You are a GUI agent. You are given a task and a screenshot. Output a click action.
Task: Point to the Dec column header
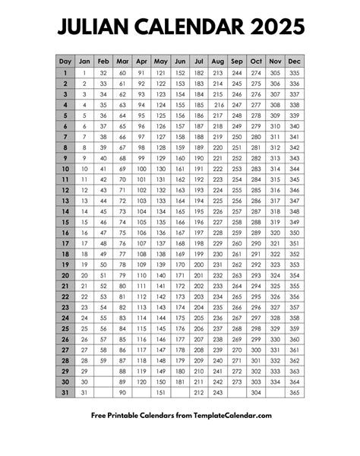294,61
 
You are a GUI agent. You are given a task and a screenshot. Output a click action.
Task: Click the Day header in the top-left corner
65,61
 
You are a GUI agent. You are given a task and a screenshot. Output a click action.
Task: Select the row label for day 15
65,222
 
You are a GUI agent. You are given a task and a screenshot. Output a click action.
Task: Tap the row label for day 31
65,392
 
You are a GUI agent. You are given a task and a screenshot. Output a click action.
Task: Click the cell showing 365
294,392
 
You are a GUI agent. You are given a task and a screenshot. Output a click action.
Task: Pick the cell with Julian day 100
141,169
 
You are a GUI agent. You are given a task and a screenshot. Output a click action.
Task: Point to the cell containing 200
198,264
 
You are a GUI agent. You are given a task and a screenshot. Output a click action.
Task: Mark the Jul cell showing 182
198,72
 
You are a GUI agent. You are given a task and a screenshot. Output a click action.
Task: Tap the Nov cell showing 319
274,222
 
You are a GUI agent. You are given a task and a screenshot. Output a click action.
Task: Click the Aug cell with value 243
217,392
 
